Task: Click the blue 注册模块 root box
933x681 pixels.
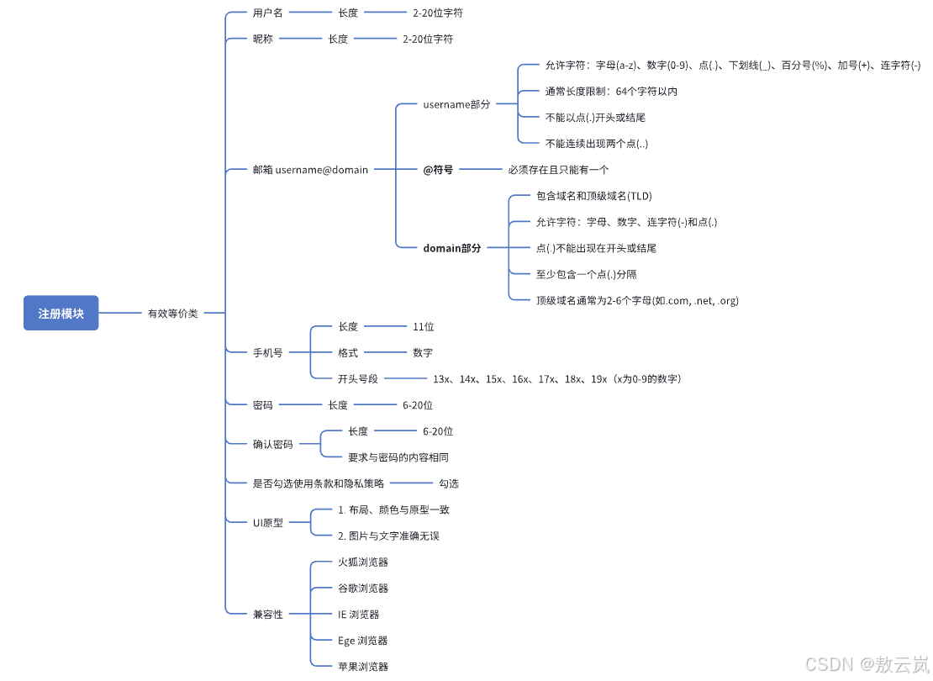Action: [61, 313]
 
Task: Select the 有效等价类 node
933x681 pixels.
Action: [172, 314]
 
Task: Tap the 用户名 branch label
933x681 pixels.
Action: [267, 13]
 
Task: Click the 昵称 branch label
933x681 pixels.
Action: [262, 40]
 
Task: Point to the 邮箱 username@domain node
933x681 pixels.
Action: [310, 170]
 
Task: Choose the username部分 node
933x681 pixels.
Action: [456, 105]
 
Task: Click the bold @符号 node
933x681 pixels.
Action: [438, 170]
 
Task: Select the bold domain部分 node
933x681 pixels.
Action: [452, 249]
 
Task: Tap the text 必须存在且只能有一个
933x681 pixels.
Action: [558, 170]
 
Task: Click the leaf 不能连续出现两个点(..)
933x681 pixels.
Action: [596, 144]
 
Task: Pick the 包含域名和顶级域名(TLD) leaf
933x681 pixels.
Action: [593, 197]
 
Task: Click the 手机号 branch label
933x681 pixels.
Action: [267, 353]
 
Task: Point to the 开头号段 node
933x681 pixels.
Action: [358, 379]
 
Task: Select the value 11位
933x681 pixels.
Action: [423, 327]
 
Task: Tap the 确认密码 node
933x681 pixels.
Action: [272, 445]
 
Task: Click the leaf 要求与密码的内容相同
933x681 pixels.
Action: [398, 458]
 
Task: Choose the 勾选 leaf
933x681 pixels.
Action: [449, 484]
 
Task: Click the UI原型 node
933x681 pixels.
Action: [268, 523]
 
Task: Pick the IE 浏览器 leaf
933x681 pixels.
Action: [358, 615]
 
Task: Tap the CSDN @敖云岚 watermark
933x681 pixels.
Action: [866, 664]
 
